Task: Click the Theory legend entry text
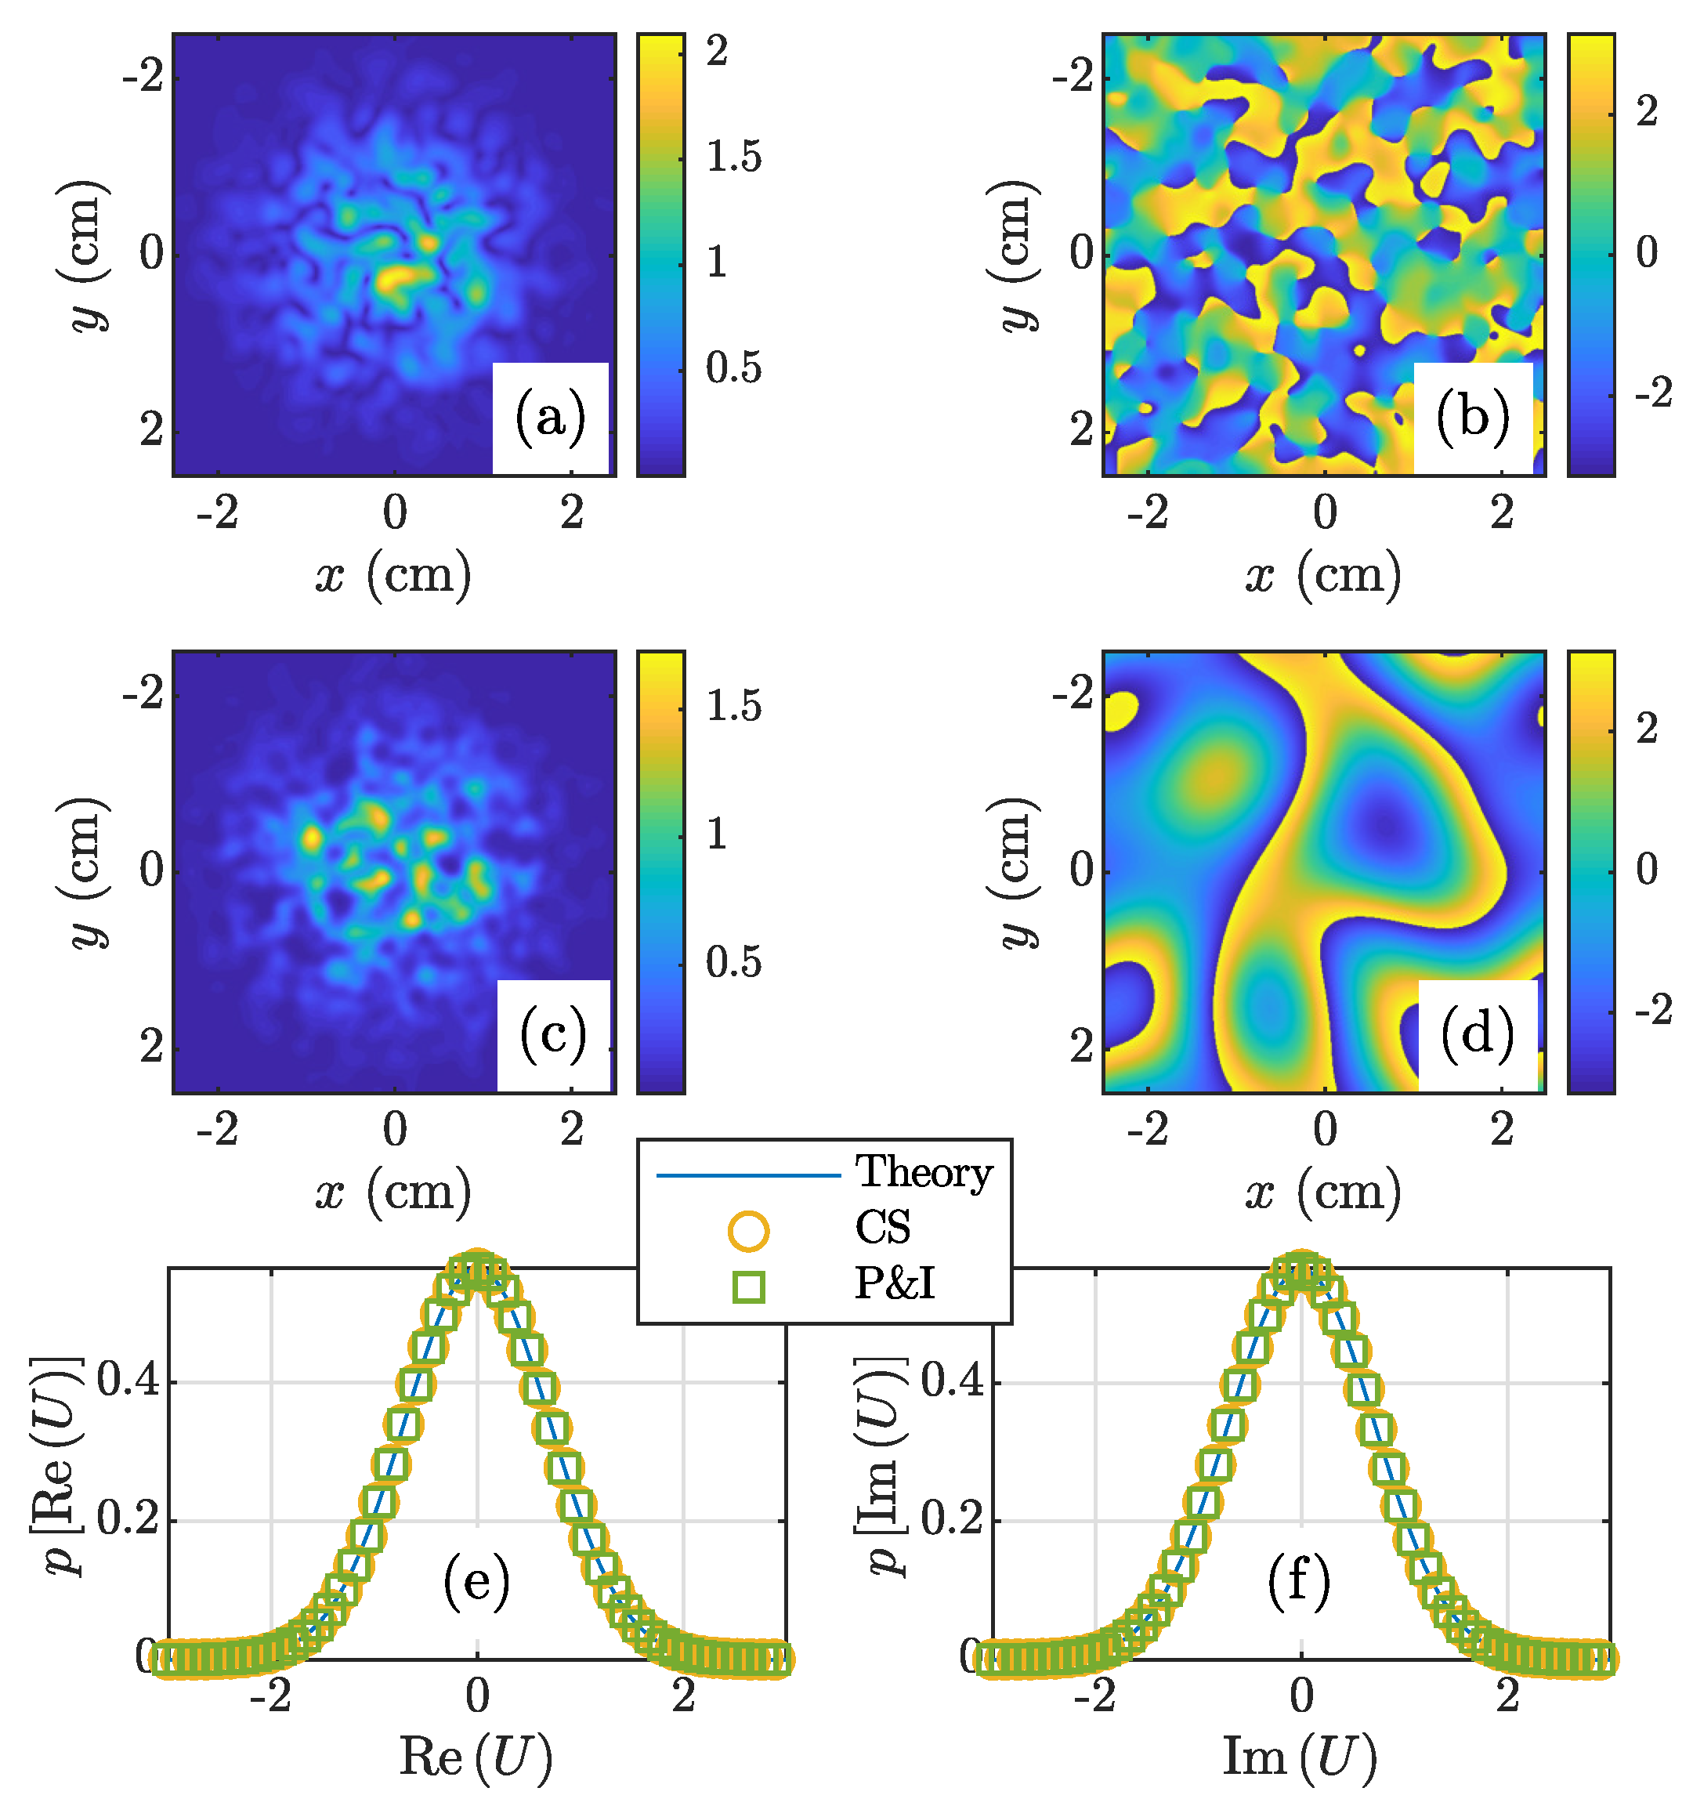pos(924,1173)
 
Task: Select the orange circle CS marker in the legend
pos(748,1231)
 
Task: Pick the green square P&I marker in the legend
pos(748,1287)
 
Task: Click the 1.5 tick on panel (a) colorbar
pos(734,157)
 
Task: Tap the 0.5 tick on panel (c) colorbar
pos(734,963)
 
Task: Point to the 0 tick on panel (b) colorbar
pos(1647,252)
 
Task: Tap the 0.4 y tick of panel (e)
pos(128,1382)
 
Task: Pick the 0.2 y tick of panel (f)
pos(952,1520)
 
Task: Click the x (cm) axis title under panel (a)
pos(393,575)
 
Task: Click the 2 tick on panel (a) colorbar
pos(718,52)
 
